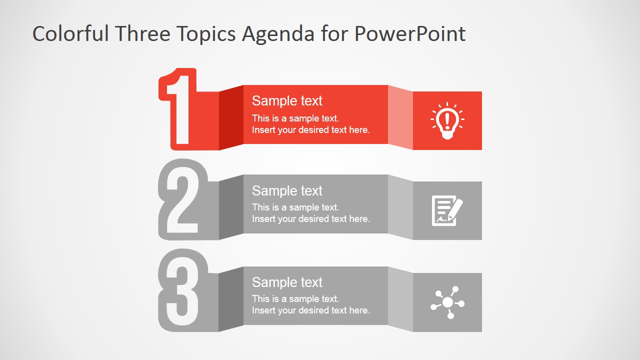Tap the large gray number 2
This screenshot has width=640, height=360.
click(x=181, y=200)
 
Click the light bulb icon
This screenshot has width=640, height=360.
click(x=447, y=120)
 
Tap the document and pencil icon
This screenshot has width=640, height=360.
click(x=447, y=210)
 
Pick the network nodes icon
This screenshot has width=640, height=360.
click(x=447, y=302)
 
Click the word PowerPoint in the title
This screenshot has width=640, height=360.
click(x=410, y=34)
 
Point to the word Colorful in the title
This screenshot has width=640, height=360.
click(x=70, y=34)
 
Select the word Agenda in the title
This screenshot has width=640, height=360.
click(x=277, y=34)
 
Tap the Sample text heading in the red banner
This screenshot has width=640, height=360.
click(x=287, y=101)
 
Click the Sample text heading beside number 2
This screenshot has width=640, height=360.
click(x=287, y=191)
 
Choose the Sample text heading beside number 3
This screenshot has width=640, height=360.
click(x=287, y=282)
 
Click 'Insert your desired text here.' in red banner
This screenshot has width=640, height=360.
click(x=310, y=130)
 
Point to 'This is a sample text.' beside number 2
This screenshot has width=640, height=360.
click(x=295, y=207)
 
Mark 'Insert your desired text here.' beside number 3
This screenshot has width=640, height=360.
click(x=310, y=310)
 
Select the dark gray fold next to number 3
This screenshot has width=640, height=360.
click(x=231, y=299)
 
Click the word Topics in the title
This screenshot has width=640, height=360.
click(x=207, y=34)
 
